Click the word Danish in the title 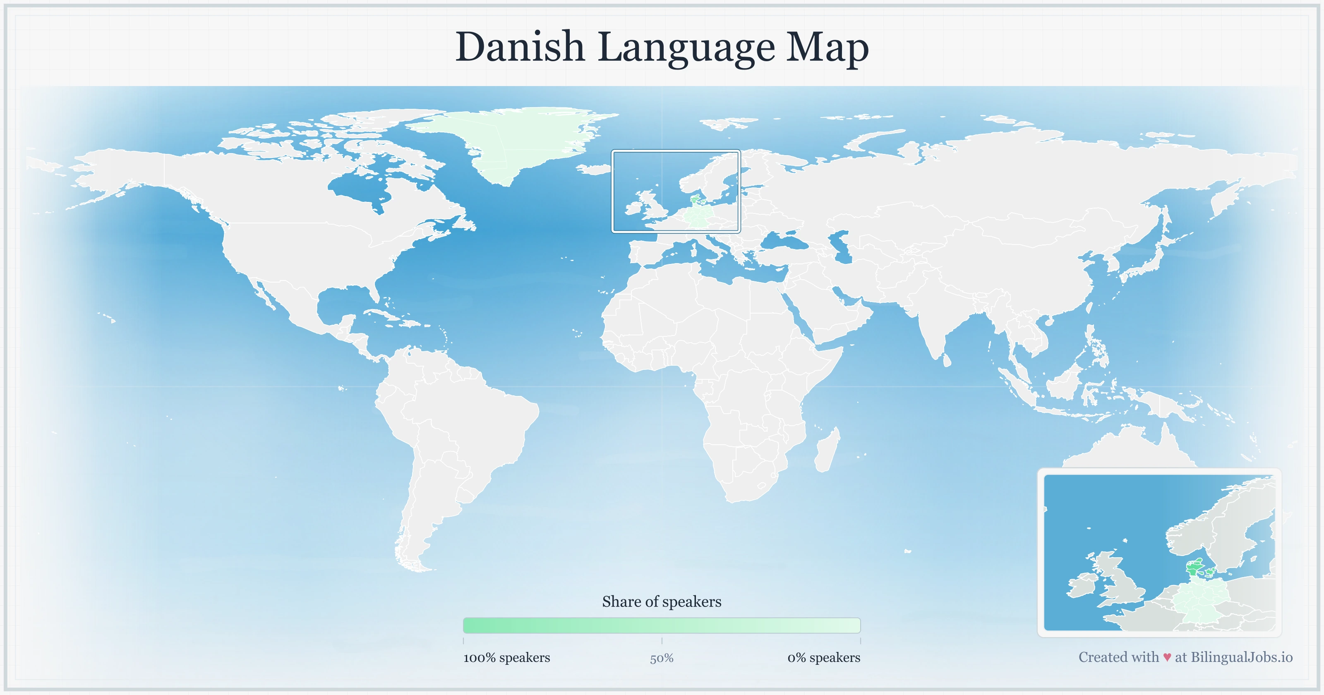[520, 47]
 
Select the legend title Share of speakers [662, 602]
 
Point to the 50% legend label [662, 659]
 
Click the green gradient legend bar [662, 625]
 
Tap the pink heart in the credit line [1167, 657]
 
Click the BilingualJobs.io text [1241, 657]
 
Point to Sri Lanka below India [947, 360]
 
